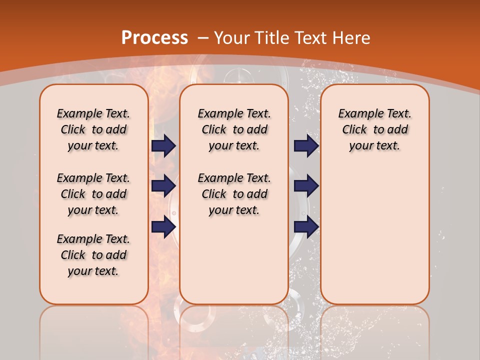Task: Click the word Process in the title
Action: coord(154,37)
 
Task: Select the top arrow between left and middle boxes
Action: coord(163,145)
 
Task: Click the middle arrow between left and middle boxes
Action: coord(163,186)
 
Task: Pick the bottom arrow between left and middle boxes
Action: coord(163,226)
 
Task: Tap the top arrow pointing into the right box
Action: coord(306,145)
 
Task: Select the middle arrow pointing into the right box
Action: coord(306,186)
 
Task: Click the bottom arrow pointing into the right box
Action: coord(306,226)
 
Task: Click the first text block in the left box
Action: coord(93,129)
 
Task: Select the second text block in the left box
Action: coord(93,194)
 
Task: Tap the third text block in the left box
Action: coord(93,255)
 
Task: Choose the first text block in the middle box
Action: coord(234,129)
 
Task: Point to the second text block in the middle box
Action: coord(234,194)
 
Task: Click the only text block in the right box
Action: coord(374,129)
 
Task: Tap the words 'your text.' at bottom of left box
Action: coord(93,271)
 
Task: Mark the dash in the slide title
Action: coord(203,37)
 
